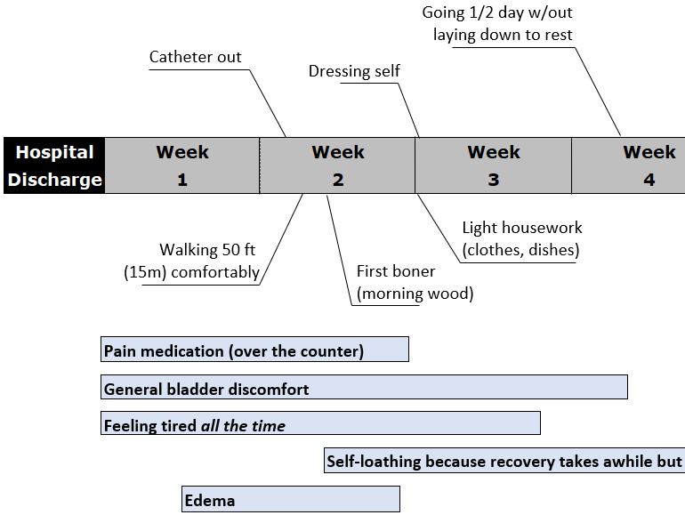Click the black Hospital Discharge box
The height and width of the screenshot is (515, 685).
(54, 165)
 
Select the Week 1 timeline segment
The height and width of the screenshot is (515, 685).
(182, 165)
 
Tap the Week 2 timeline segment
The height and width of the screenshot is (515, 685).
(338, 165)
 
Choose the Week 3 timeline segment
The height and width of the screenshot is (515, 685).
(494, 165)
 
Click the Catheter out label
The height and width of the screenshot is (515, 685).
(195, 58)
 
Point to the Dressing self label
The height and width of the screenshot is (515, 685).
(354, 71)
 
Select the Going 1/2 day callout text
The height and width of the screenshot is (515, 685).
(503, 24)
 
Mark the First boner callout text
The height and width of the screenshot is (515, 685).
(415, 282)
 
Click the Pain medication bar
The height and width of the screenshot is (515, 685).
(254, 350)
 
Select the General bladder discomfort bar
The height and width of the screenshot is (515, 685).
(364, 389)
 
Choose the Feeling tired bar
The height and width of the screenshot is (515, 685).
(320, 425)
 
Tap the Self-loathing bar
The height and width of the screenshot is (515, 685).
(504, 462)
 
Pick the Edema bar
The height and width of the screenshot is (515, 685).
(291, 500)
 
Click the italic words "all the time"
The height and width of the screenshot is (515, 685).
(243, 426)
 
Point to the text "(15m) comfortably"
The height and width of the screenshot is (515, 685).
(191, 272)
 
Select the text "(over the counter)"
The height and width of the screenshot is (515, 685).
(296, 351)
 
